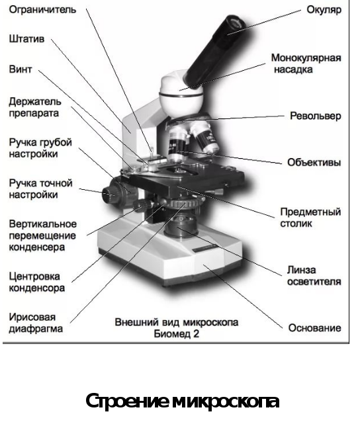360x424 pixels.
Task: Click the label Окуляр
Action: pyautogui.click(x=324, y=10)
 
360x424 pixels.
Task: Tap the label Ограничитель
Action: pyautogui.click(x=42, y=10)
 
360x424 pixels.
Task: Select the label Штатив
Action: pyautogui.click(x=26, y=38)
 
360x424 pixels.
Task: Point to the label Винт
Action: pyautogui.click(x=21, y=69)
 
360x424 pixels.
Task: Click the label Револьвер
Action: pyautogui.click(x=316, y=116)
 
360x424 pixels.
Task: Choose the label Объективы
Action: pyautogui.click(x=314, y=163)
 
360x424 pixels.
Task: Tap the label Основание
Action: pyautogui.click(x=314, y=328)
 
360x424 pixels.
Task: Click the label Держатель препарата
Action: pyautogui.click(x=35, y=107)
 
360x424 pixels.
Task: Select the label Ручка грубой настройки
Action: pyautogui.click(x=40, y=148)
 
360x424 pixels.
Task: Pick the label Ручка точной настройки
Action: pyautogui.click(x=40, y=189)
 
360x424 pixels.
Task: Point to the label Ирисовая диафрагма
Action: pyautogui.click(x=36, y=323)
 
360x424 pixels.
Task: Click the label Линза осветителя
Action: pyautogui.click(x=314, y=276)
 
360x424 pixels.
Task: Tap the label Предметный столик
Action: pyautogui.click(x=310, y=218)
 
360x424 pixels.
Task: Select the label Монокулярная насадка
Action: pyautogui.click(x=306, y=64)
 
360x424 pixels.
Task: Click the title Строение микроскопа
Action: pyautogui.click(x=182, y=402)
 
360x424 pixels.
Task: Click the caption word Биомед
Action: pyautogui.click(x=173, y=334)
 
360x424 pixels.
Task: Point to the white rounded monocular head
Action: pyautogui.click(x=181, y=95)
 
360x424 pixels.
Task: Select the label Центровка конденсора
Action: pyautogui.click(x=37, y=282)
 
